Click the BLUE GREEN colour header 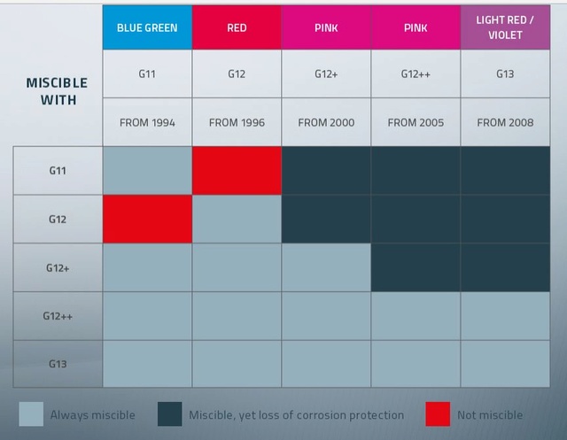click(x=147, y=27)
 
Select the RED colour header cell click(x=237, y=27)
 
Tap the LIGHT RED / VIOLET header click(x=505, y=27)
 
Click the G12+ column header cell click(x=326, y=74)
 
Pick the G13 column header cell click(x=505, y=74)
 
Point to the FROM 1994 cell click(x=147, y=122)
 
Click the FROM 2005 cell click(x=416, y=122)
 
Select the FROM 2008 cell click(x=505, y=122)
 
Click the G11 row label click(x=58, y=170)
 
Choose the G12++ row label click(x=58, y=315)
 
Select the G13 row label click(x=58, y=364)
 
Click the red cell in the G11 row click(x=237, y=170)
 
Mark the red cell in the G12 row click(x=147, y=219)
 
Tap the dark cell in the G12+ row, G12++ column click(x=416, y=267)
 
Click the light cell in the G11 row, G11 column click(x=147, y=170)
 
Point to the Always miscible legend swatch click(x=31, y=414)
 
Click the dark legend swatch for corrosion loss click(x=170, y=414)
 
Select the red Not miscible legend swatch click(x=438, y=414)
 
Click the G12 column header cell click(x=237, y=74)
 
